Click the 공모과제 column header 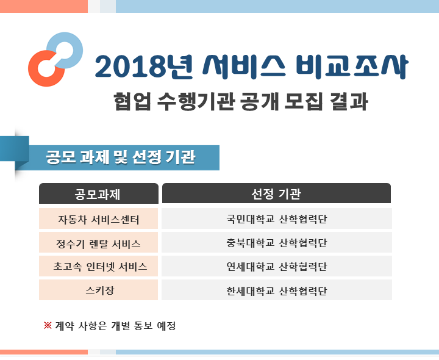[x=98, y=194]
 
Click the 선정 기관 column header [x=276, y=194]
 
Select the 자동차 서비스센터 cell [x=98, y=219]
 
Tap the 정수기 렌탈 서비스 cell [x=98, y=243]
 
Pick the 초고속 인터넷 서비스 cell [x=98, y=267]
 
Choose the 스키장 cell [x=98, y=290]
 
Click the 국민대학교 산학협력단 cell [x=276, y=219]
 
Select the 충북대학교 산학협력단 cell [x=276, y=243]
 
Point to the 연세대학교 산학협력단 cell [x=276, y=267]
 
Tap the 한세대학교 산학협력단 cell [x=276, y=290]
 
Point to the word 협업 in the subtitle [x=129, y=101]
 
